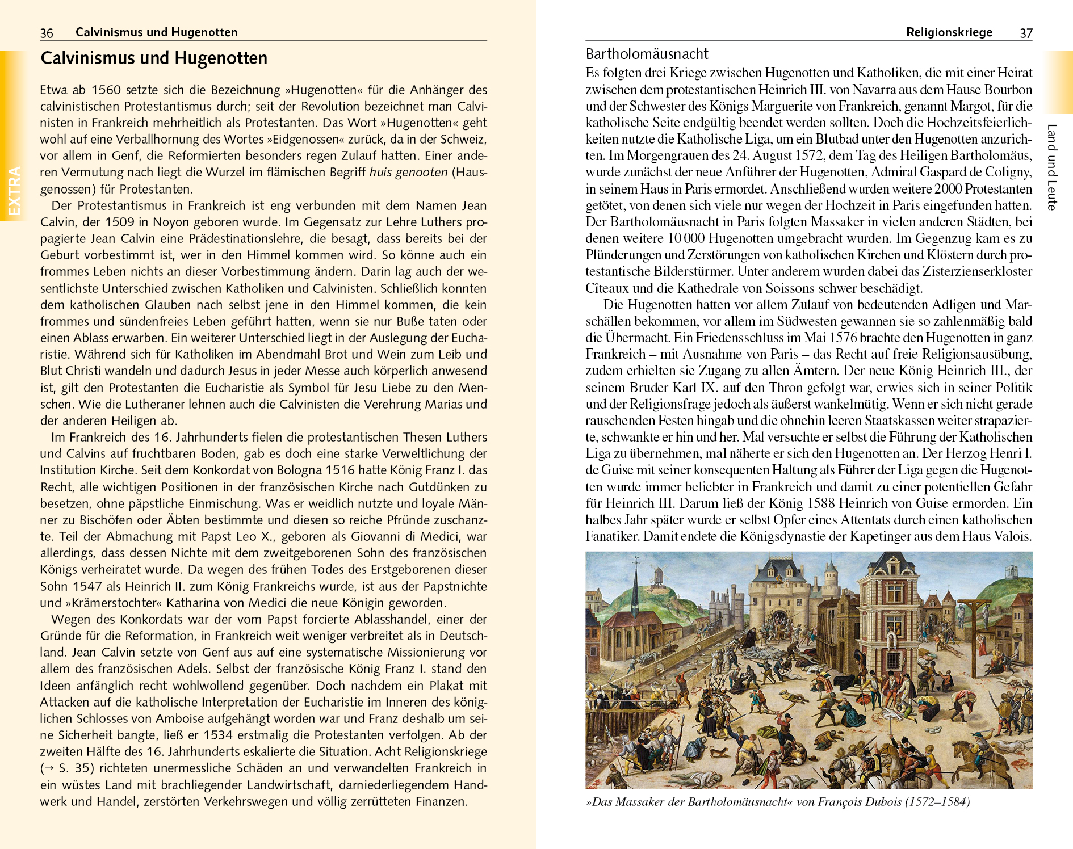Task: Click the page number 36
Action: click(x=47, y=33)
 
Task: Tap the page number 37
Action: click(x=1026, y=33)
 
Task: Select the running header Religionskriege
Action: click(x=949, y=32)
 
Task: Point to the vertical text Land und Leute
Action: click(x=1052, y=167)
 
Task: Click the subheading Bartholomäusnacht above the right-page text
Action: click(x=647, y=54)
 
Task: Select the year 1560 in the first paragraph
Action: click(x=106, y=90)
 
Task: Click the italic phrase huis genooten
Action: click(x=408, y=173)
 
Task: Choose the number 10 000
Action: click(x=680, y=238)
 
